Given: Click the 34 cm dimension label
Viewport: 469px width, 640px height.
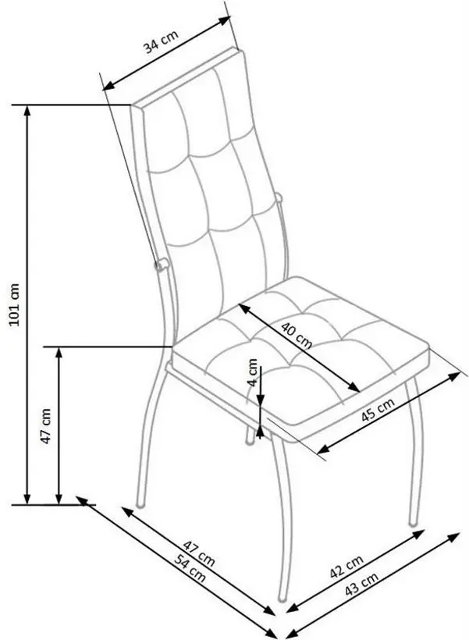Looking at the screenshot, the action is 161,41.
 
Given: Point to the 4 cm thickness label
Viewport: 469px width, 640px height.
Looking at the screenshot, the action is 254,372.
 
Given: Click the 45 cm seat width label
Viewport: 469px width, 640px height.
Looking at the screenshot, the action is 378,411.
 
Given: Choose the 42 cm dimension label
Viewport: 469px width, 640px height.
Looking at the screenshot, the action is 346,567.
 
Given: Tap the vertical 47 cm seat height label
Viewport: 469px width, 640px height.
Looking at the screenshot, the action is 46,426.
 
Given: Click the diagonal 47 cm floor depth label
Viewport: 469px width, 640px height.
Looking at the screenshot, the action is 199,554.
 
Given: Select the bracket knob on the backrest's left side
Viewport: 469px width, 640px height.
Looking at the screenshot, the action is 160,265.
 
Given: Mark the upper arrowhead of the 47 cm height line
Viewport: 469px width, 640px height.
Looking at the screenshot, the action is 59,353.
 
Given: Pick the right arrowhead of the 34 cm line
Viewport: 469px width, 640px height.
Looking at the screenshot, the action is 226,20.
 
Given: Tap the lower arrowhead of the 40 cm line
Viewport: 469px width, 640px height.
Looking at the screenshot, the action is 354,387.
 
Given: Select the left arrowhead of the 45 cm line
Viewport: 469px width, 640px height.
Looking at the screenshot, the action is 323,449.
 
